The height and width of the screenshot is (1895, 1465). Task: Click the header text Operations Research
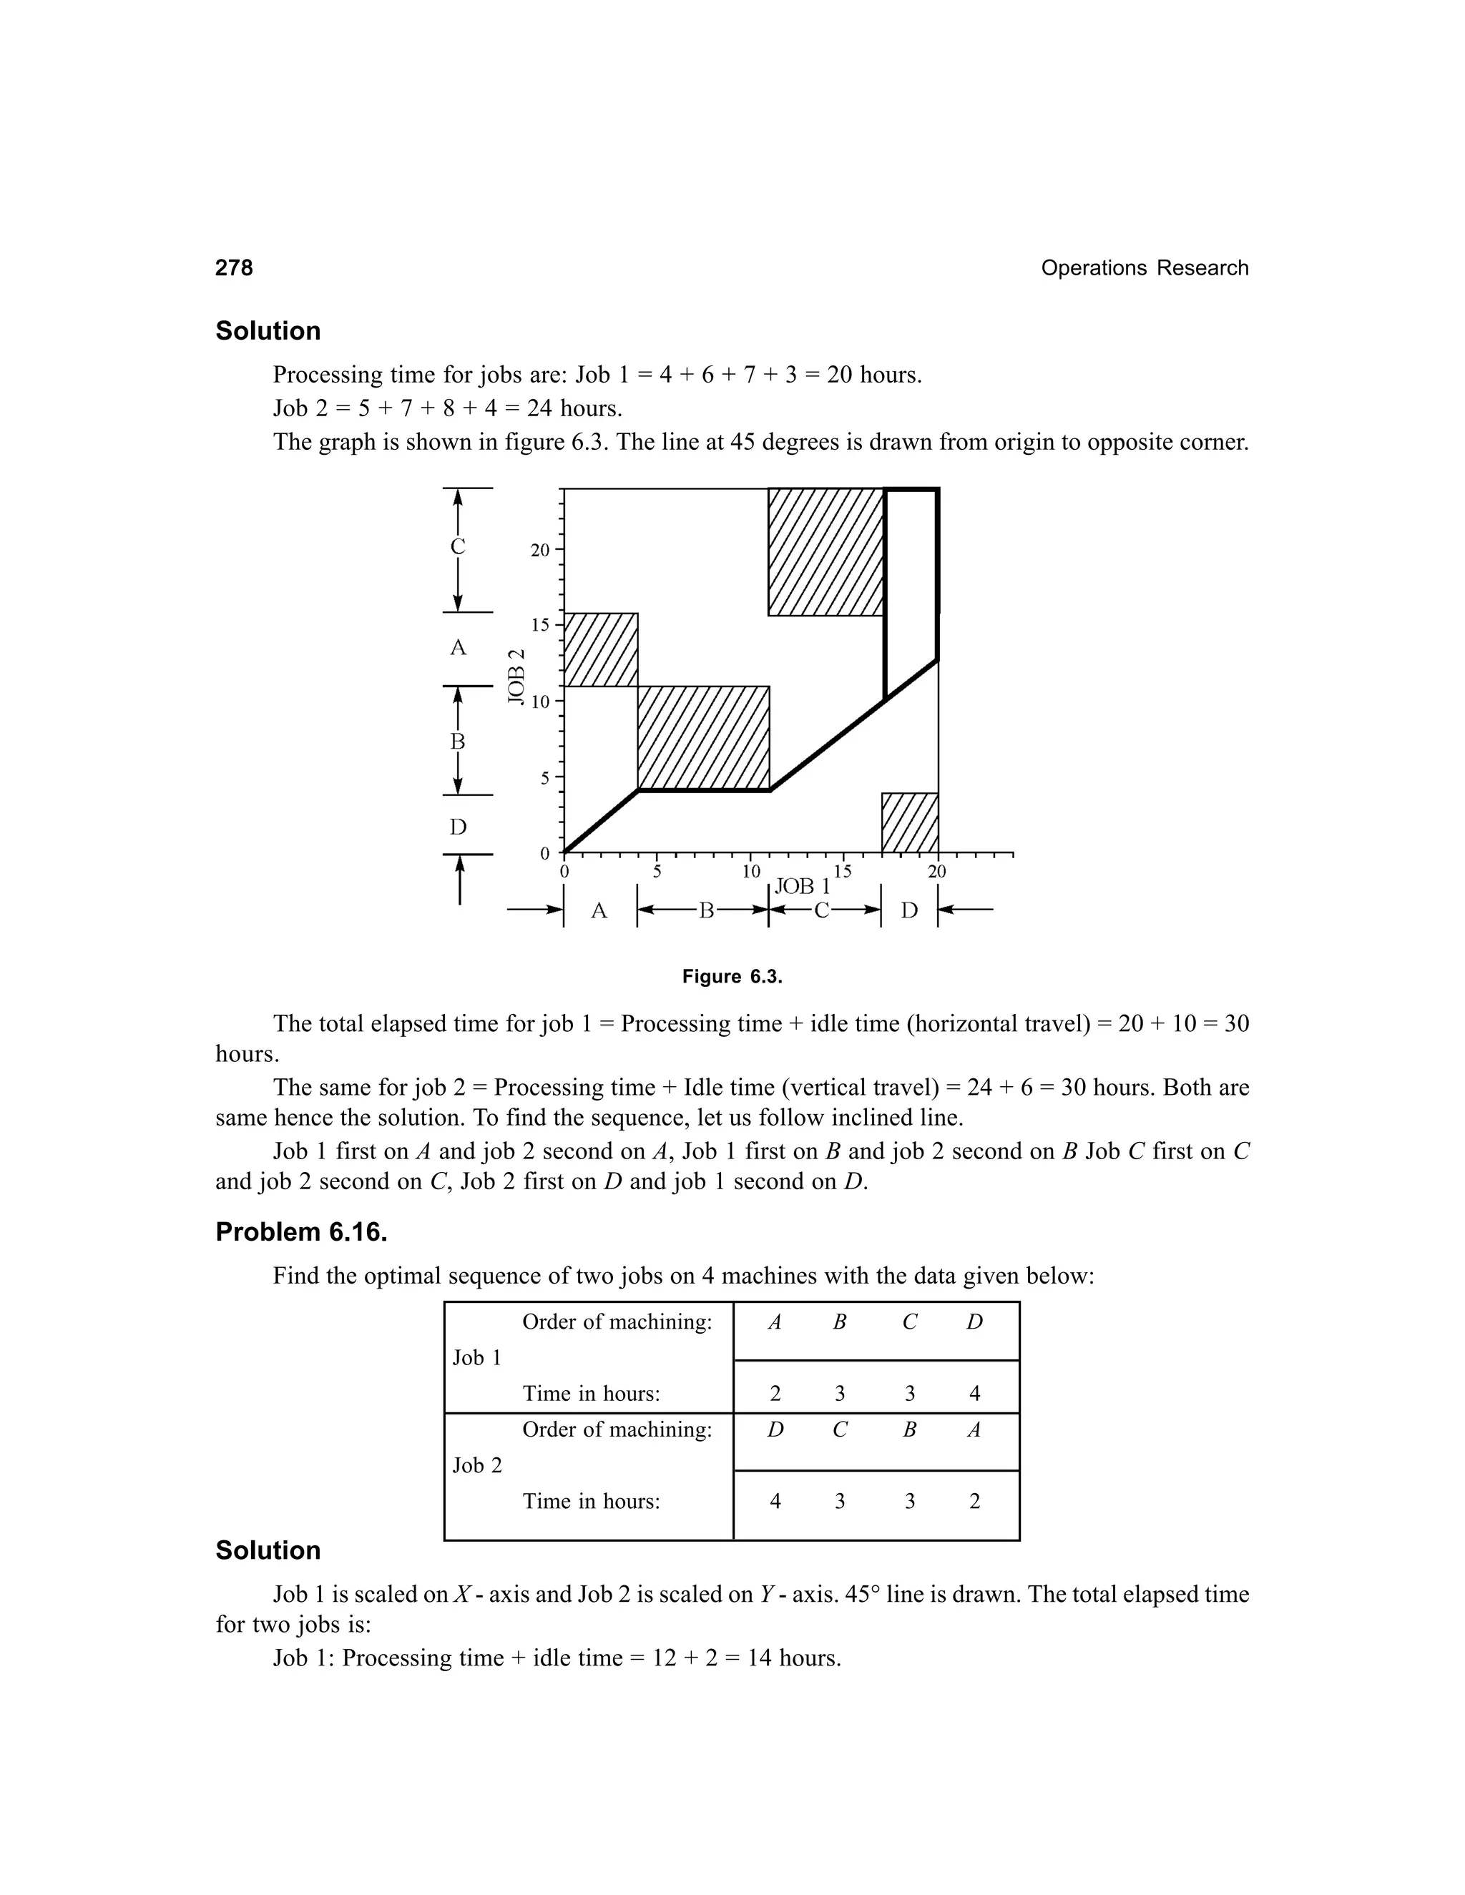(1144, 268)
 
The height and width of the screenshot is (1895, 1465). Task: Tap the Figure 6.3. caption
(732, 977)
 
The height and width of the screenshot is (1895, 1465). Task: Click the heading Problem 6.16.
(301, 1232)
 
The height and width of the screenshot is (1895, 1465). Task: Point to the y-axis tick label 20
(540, 550)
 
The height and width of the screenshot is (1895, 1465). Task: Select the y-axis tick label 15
(540, 625)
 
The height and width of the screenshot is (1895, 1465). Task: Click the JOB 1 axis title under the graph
(802, 887)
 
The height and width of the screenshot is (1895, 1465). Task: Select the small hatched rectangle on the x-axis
(910, 822)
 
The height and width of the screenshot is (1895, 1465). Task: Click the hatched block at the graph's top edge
(825, 552)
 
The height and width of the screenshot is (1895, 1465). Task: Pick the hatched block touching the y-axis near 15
(601, 650)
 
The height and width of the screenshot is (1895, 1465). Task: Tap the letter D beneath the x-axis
(908, 911)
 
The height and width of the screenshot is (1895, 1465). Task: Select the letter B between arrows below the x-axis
(705, 911)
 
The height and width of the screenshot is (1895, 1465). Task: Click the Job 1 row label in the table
(476, 1358)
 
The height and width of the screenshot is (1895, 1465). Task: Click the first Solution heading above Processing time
(268, 332)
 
